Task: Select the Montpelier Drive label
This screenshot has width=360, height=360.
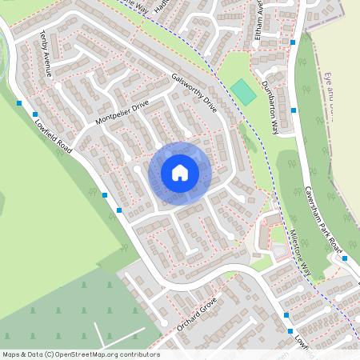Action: pos(122,109)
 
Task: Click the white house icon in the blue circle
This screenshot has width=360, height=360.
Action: pos(180,173)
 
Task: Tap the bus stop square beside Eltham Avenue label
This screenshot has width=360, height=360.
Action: pos(294,42)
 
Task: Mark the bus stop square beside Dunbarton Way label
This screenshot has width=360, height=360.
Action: pos(294,110)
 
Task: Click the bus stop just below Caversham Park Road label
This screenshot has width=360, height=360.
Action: pos(344,258)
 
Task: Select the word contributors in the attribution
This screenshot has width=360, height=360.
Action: pos(139,354)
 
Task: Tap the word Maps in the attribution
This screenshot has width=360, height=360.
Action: pos(11,354)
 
